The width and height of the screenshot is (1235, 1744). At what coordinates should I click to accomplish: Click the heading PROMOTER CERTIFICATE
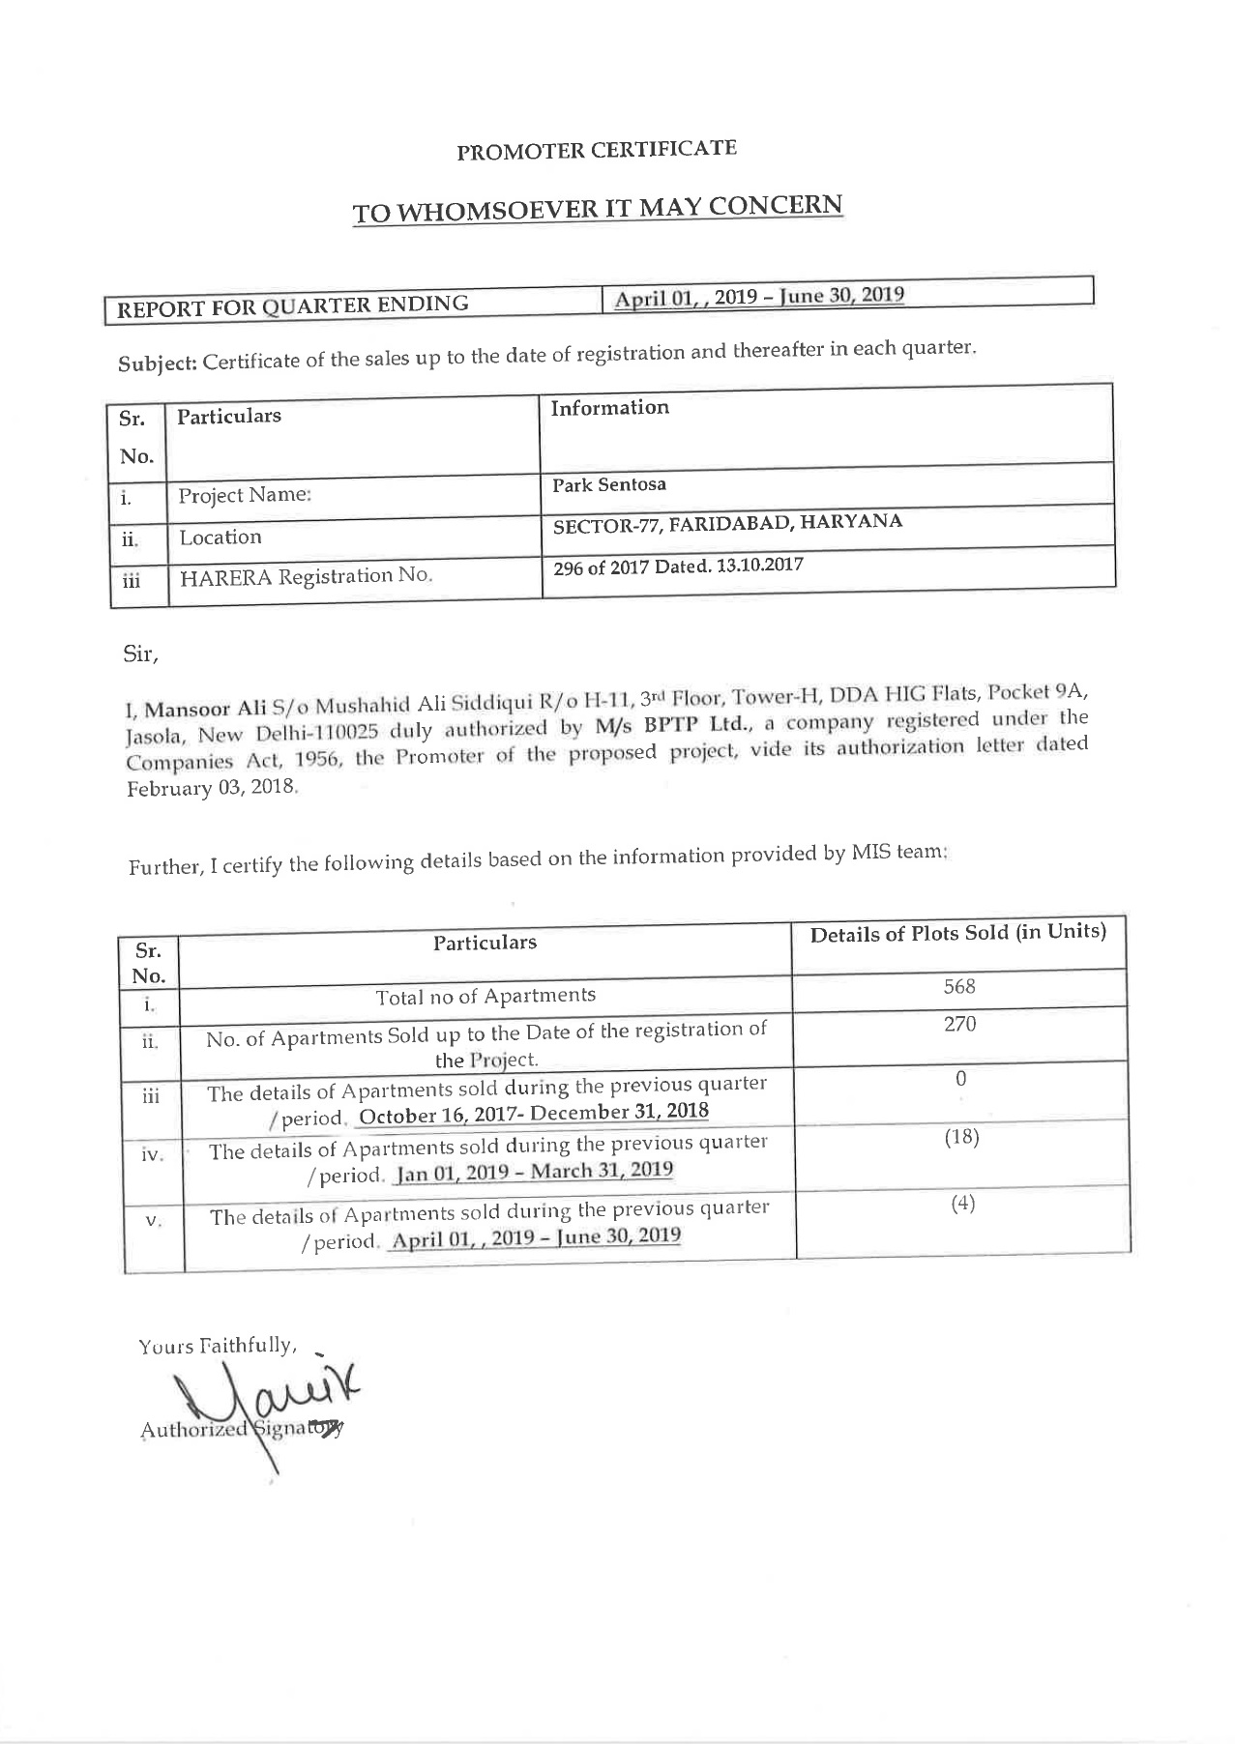tap(597, 150)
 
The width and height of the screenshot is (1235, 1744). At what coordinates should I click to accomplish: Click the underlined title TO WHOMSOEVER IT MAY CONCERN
tap(597, 209)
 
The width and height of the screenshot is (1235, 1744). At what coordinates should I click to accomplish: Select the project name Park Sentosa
tap(609, 484)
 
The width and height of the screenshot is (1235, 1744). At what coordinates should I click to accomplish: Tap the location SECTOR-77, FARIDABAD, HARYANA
tap(727, 524)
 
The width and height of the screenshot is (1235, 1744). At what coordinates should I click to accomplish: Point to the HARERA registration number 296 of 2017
tap(678, 566)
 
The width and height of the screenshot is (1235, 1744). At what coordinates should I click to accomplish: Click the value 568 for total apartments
tap(959, 987)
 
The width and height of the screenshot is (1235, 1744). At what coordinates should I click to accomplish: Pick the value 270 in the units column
tap(959, 1025)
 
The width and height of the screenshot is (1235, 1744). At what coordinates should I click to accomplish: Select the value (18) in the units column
tap(961, 1137)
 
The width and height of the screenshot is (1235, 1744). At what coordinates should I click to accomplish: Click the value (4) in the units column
tap(961, 1205)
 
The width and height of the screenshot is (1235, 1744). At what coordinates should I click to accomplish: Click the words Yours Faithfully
tap(217, 1346)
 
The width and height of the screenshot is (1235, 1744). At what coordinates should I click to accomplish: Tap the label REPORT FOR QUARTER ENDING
tap(293, 306)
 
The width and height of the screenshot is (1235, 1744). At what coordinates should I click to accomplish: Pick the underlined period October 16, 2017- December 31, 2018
tap(533, 1114)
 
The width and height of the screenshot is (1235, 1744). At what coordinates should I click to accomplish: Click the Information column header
tap(609, 408)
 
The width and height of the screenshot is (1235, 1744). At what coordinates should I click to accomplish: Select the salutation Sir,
tap(140, 654)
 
